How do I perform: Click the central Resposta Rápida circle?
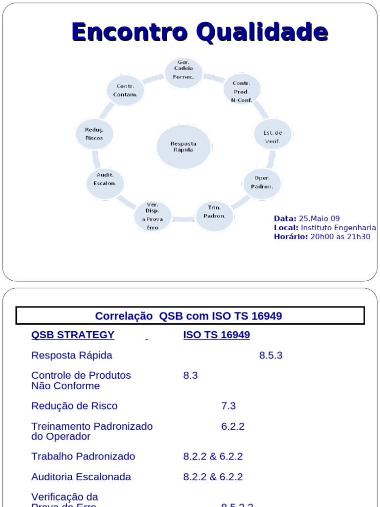click(x=184, y=147)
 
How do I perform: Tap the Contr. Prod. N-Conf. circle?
click(x=241, y=91)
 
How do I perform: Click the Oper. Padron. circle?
click(x=262, y=182)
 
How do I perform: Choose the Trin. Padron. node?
click(x=214, y=212)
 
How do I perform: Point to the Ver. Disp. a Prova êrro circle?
click(x=152, y=215)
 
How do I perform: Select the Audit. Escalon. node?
click(x=105, y=179)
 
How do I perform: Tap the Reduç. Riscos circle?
click(x=94, y=134)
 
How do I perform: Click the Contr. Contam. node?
click(x=125, y=90)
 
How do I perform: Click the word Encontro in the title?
click(x=130, y=32)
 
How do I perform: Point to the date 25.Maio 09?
click(x=319, y=218)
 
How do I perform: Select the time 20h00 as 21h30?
click(x=340, y=236)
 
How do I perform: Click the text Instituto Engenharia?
click(x=338, y=227)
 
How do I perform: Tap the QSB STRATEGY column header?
click(x=73, y=335)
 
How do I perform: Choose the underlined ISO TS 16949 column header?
click(x=216, y=335)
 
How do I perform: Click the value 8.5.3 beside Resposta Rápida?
click(x=271, y=355)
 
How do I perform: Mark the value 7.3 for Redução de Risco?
click(x=228, y=406)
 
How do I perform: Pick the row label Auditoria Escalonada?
click(x=81, y=477)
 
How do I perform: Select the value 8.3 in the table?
click(x=190, y=375)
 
